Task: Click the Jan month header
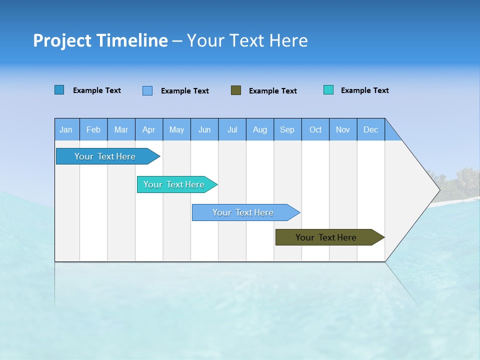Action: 66,129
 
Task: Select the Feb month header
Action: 93,129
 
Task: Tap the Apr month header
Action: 148,129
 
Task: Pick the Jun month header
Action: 204,129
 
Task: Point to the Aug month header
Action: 259,129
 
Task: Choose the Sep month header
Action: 287,129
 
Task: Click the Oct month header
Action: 315,129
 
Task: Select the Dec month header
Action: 370,129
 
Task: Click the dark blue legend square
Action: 59,90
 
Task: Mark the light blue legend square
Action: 147,90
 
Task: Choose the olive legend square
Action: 236,90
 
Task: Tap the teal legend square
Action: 328,90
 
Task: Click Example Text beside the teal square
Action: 364,90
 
